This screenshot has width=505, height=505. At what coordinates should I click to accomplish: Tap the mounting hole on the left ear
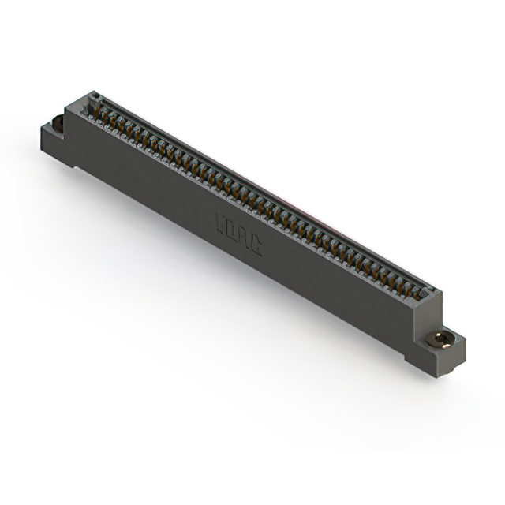(57, 123)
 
